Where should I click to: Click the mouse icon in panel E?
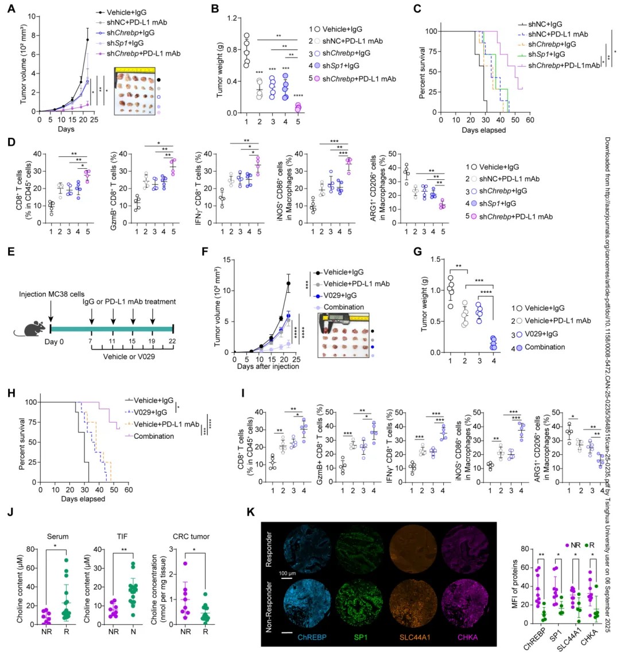coord(34,329)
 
